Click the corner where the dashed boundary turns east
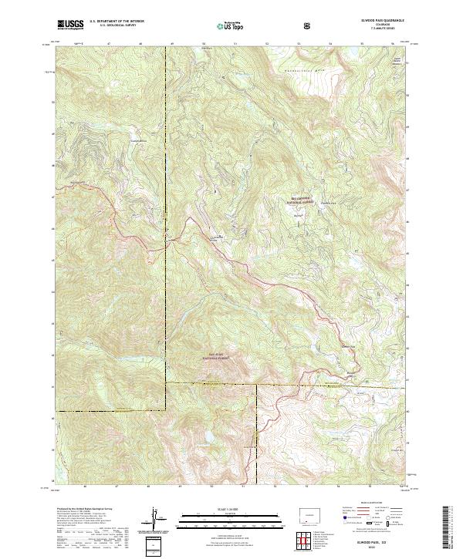pos(166,383)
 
